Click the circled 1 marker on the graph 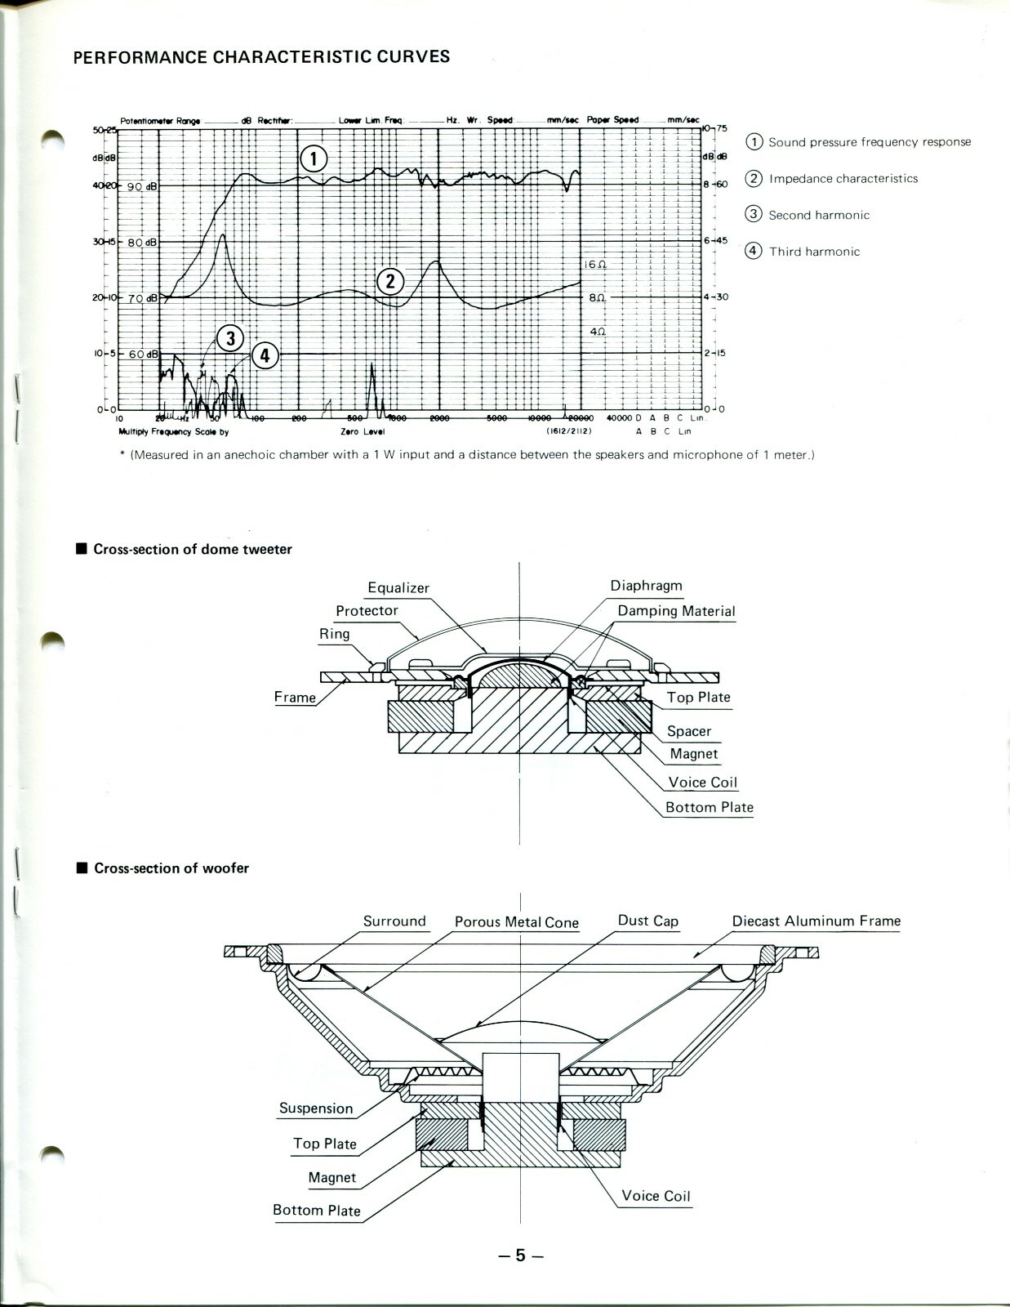click(314, 158)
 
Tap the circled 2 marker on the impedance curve click(390, 282)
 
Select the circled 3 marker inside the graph click(231, 338)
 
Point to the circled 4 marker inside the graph click(265, 355)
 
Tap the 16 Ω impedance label click(595, 265)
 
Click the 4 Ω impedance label click(598, 332)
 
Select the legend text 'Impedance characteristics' click(843, 179)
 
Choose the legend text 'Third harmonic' click(814, 252)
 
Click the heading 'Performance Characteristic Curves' click(261, 57)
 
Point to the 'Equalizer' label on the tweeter click(398, 588)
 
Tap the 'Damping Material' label click(676, 611)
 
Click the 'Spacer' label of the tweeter click(688, 731)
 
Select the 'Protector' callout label click(367, 611)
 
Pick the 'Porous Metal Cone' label click(516, 922)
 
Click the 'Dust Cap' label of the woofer click(647, 921)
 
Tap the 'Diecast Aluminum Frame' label click(816, 921)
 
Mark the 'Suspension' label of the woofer click(316, 1108)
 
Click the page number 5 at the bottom click(520, 1256)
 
